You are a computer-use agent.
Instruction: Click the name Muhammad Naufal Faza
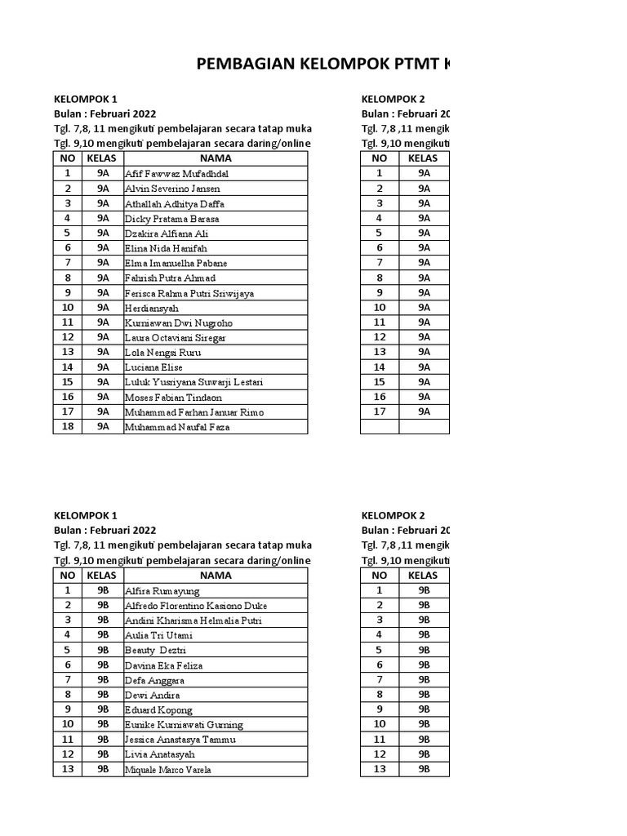[x=177, y=427]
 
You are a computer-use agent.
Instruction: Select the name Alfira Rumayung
[x=162, y=591]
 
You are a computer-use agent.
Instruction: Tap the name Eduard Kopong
[x=158, y=710]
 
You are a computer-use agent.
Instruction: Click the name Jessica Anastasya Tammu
[x=180, y=740]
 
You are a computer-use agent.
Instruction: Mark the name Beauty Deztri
[x=155, y=651]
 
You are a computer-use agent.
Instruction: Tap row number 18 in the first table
[x=68, y=426]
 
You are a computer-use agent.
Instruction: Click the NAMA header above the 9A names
[x=216, y=158]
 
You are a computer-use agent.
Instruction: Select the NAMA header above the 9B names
[x=216, y=576]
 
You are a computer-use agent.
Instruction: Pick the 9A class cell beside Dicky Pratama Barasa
[x=103, y=219]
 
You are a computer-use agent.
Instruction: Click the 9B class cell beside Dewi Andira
[x=103, y=695]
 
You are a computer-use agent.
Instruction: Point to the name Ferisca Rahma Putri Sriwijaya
[x=189, y=293]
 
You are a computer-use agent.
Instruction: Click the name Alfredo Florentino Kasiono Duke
[x=195, y=606]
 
